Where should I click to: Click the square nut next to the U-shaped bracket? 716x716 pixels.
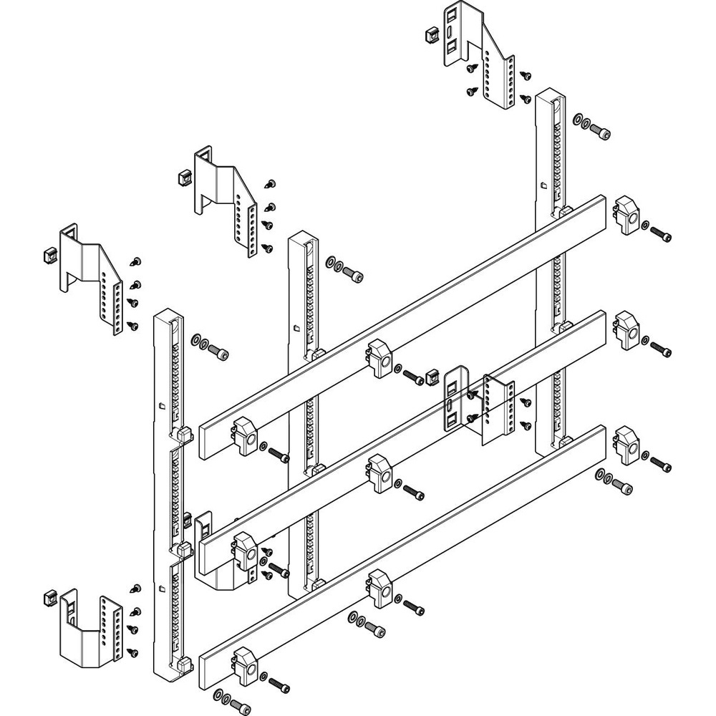point(50,595)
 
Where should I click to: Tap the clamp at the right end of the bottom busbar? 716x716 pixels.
point(626,445)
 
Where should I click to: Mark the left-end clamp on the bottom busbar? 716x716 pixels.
point(243,662)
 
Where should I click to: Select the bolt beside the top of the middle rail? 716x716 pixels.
point(353,272)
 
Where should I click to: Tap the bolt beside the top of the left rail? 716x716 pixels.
point(220,352)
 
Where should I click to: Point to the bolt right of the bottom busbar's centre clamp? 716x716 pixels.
point(414,607)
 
